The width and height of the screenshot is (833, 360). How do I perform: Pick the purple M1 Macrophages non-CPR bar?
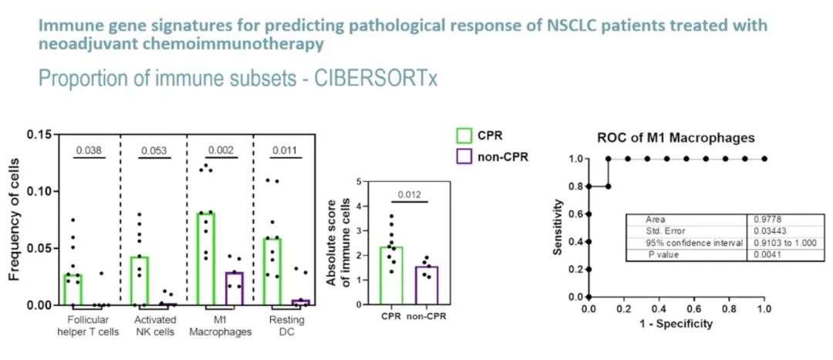pyautogui.click(x=234, y=288)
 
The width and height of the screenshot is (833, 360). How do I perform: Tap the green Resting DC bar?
pyautogui.click(x=271, y=271)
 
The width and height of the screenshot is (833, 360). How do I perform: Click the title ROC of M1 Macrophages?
pyautogui.click(x=676, y=138)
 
